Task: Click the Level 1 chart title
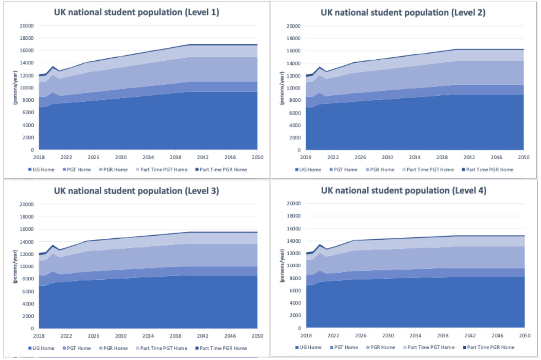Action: point(136,13)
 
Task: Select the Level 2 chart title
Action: point(403,13)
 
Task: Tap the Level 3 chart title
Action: point(136,191)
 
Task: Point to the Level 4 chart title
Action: point(404,191)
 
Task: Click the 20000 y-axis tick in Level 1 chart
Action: point(27,26)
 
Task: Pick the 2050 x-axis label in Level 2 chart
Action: point(523,157)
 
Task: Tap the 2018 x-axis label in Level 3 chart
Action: point(39,336)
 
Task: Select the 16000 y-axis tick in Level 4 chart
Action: point(294,228)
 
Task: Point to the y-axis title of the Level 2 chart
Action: point(282,88)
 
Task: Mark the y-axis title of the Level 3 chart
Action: point(15,266)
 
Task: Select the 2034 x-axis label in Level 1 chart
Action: point(148,157)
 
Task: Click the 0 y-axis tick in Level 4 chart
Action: point(299,328)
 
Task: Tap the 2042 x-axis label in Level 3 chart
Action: point(202,336)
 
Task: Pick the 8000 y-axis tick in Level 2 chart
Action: point(294,100)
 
